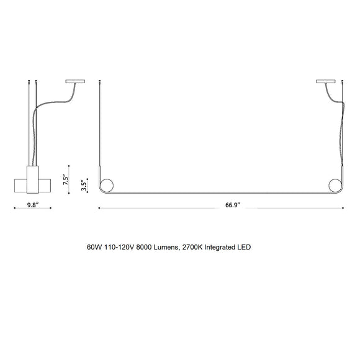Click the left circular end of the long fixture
(x=107, y=185)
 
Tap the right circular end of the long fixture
(x=335, y=185)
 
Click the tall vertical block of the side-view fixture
(x=34, y=180)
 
